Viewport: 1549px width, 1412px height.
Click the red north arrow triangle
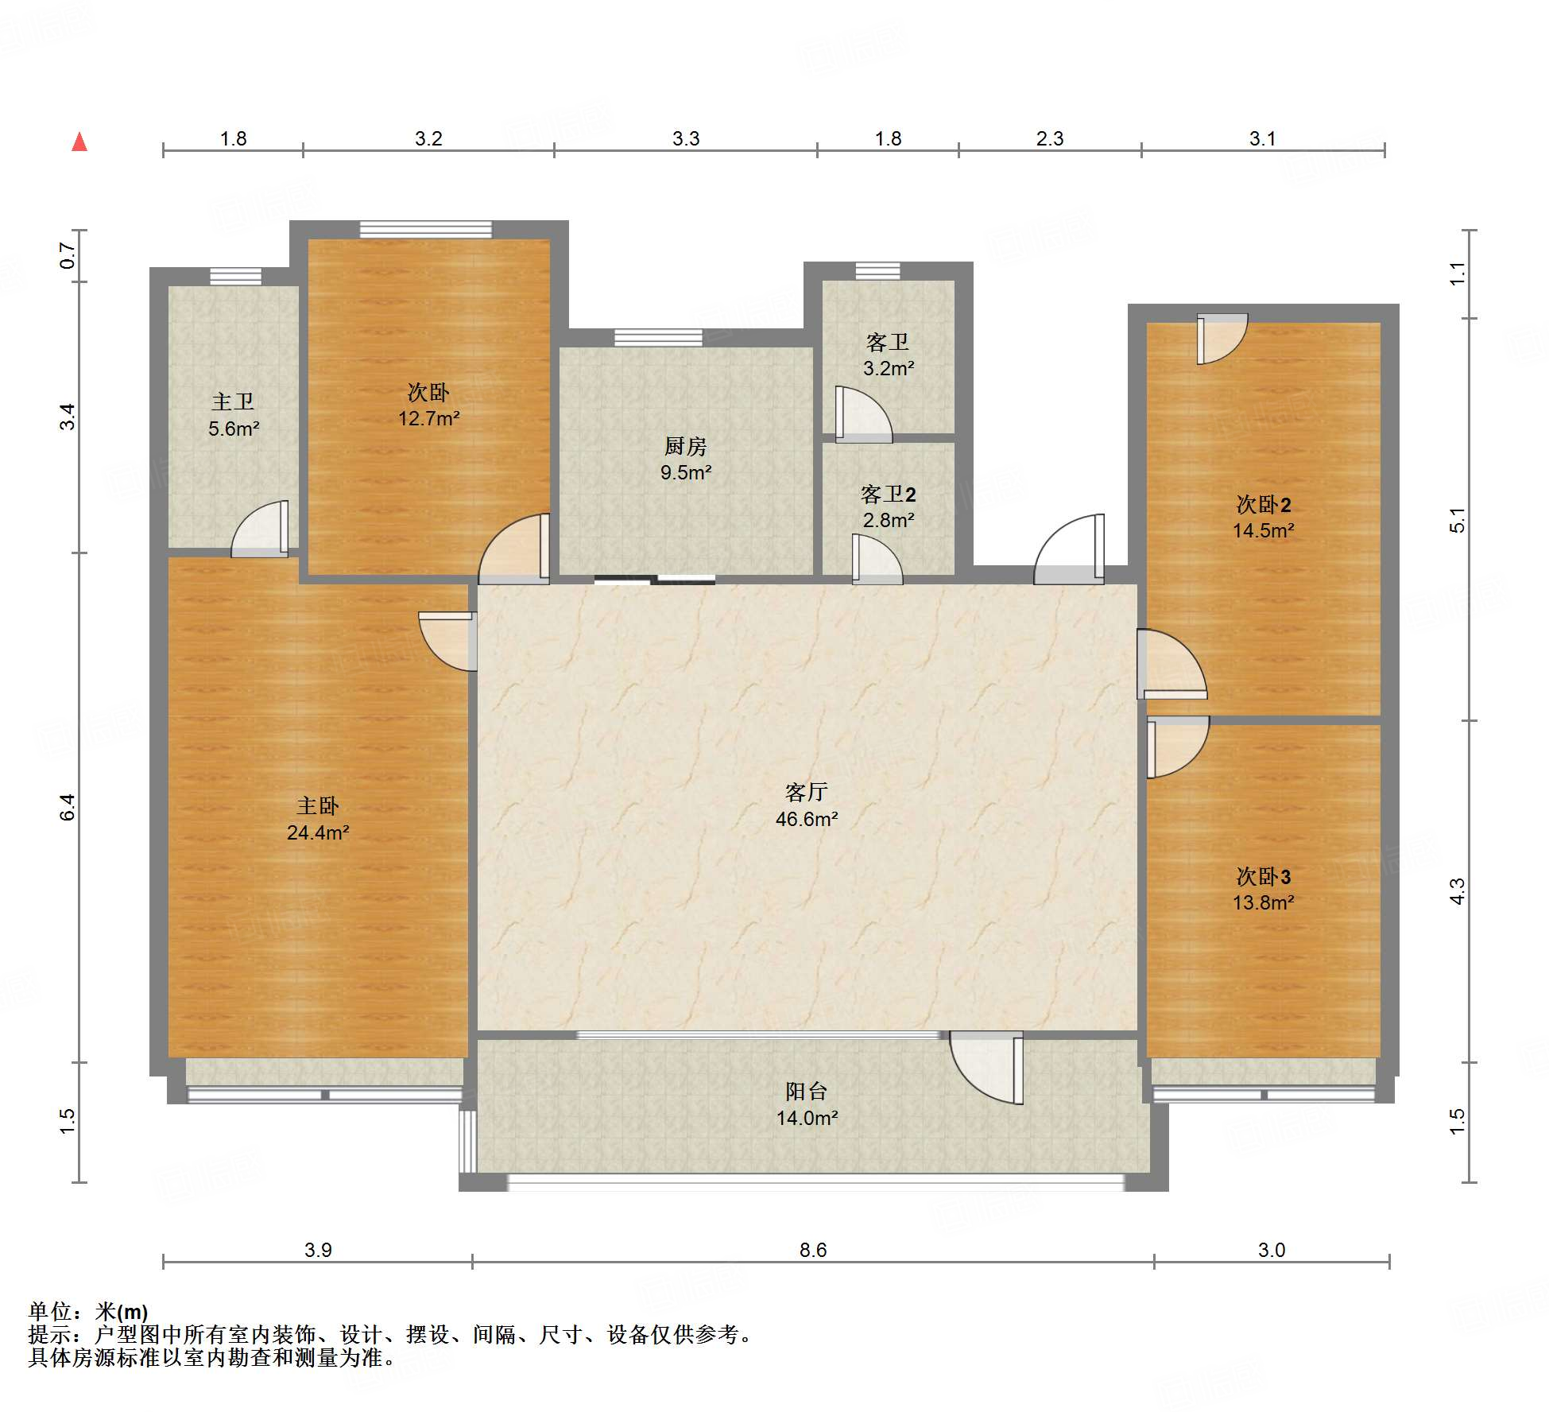(79, 142)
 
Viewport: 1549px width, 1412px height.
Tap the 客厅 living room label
(807, 792)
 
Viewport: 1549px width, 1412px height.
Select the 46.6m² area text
(807, 819)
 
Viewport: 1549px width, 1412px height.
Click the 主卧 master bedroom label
(318, 806)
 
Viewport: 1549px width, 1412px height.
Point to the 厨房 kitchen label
(686, 446)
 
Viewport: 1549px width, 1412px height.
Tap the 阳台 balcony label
(807, 1091)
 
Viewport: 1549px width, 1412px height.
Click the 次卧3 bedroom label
(1264, 876)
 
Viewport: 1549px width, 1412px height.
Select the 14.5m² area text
(1264, 530)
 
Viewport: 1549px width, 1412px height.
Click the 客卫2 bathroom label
(889, 495)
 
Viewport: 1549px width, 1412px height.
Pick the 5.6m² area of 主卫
(234, 429)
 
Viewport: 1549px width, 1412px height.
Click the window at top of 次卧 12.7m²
(426, 230)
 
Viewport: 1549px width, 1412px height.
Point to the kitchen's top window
(658, 337)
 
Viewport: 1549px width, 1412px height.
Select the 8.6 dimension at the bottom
(813, 1250)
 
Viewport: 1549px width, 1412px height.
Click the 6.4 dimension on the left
(68, 807)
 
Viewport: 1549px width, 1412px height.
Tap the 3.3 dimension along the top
(686, 138)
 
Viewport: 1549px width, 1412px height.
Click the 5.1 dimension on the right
(1457, 520)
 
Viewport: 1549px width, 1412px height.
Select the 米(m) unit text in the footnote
(122, 1312)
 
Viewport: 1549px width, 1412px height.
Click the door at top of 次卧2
(1222, 339)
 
